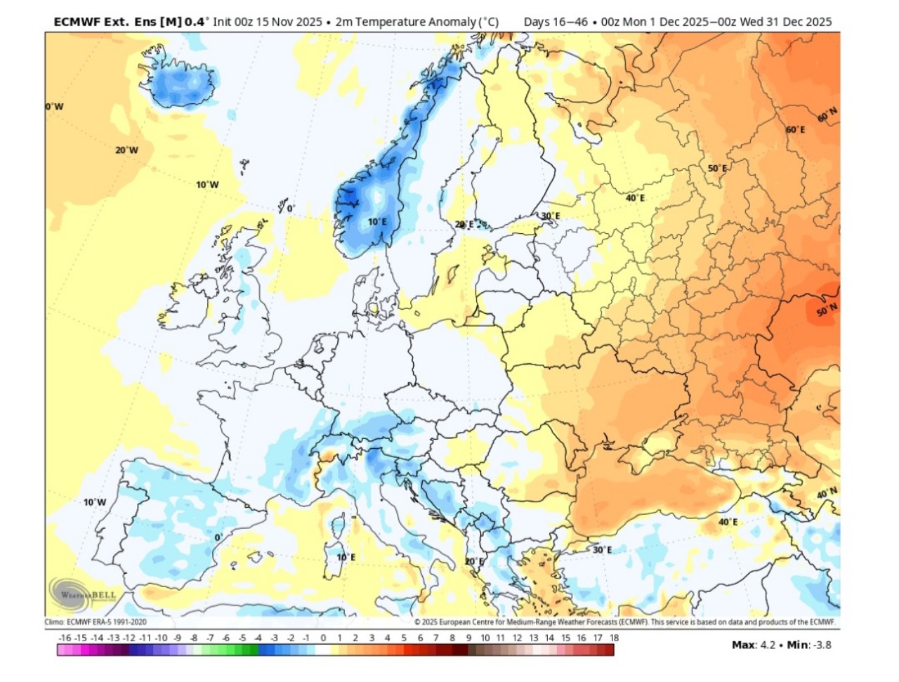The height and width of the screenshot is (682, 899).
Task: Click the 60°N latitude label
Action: click(827, 114)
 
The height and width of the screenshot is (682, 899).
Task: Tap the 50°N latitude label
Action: click(827, 310)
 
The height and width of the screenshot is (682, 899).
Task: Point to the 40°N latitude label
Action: click(827, 493)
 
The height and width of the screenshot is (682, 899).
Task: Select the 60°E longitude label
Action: click(795, 130)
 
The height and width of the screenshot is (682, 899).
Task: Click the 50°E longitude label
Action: click(717, 169)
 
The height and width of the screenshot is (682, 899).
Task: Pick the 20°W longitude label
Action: click(126, 150)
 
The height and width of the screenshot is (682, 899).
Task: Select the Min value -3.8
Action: click(822, 645)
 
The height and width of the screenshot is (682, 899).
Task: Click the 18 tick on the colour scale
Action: click(614, 638)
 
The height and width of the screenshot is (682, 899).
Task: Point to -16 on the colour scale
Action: click(65, 638)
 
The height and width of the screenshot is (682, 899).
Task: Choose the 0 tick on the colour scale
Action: click(323, 638)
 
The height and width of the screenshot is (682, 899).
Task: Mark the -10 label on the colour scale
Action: click(161, 638)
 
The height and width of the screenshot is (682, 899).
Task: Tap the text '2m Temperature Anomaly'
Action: click(406, 22)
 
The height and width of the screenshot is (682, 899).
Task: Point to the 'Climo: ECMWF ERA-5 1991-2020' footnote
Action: click(96, 622)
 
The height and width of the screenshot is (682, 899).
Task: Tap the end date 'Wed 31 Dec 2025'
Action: click(786, 22)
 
